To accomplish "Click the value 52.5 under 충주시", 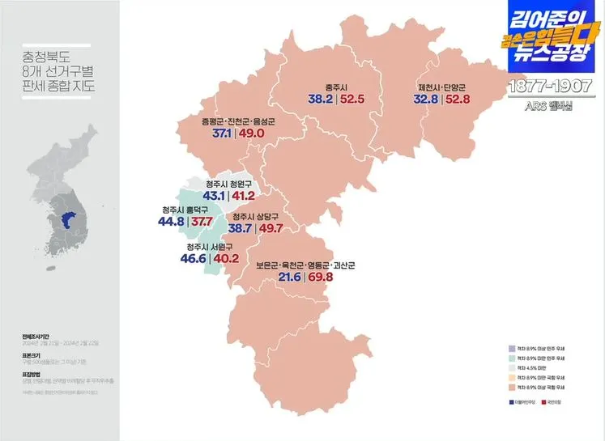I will [352, 100].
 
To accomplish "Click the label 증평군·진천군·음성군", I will [239, 121].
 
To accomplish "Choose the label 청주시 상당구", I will [257, 217].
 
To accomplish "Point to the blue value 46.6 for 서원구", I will [194, 259].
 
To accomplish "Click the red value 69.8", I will [322, 278].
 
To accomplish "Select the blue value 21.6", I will [289, 278].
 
